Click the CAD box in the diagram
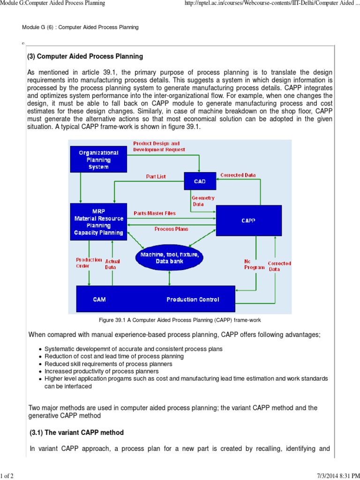[x=200, y=181]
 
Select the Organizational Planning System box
[x=98, y=159]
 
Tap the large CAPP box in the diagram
[x=248, y=221]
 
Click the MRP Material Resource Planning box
[x=98, y=222]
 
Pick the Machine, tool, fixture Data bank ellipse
[x=169, y=258]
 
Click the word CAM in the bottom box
[x=99, y=300]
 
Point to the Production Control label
[x=193, y=300]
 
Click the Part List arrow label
[x=156, y=177]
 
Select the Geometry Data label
[x=203, y=201]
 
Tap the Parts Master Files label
[x=155, y=213]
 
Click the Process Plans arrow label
[x=172, y=229]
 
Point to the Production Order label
[x=89, y=262]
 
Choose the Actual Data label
[x=112, y=264]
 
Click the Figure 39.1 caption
[x=180, y=320]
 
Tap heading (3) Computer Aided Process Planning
[x=86, y=57]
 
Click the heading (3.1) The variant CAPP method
[x=76, y=432]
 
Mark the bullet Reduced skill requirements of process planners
[x=108, y=364]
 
